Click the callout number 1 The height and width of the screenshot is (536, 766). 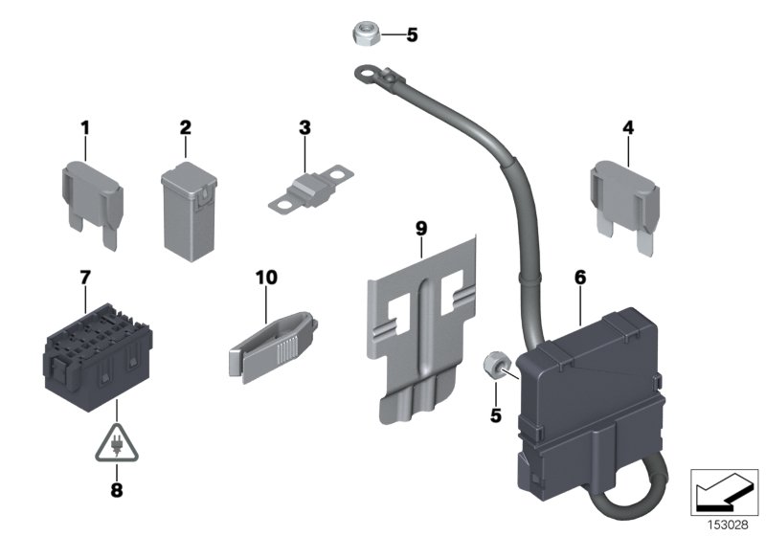point(84,126)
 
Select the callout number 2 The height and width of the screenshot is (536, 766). point(186,126)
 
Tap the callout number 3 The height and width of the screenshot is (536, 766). point(304,126)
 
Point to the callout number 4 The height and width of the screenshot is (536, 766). point(627,126)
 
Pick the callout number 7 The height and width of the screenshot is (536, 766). point(84,278)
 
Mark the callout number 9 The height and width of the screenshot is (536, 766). point(421,228)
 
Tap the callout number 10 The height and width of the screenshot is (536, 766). point(266,278)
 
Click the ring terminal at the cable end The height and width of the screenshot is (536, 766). point(368,70)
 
